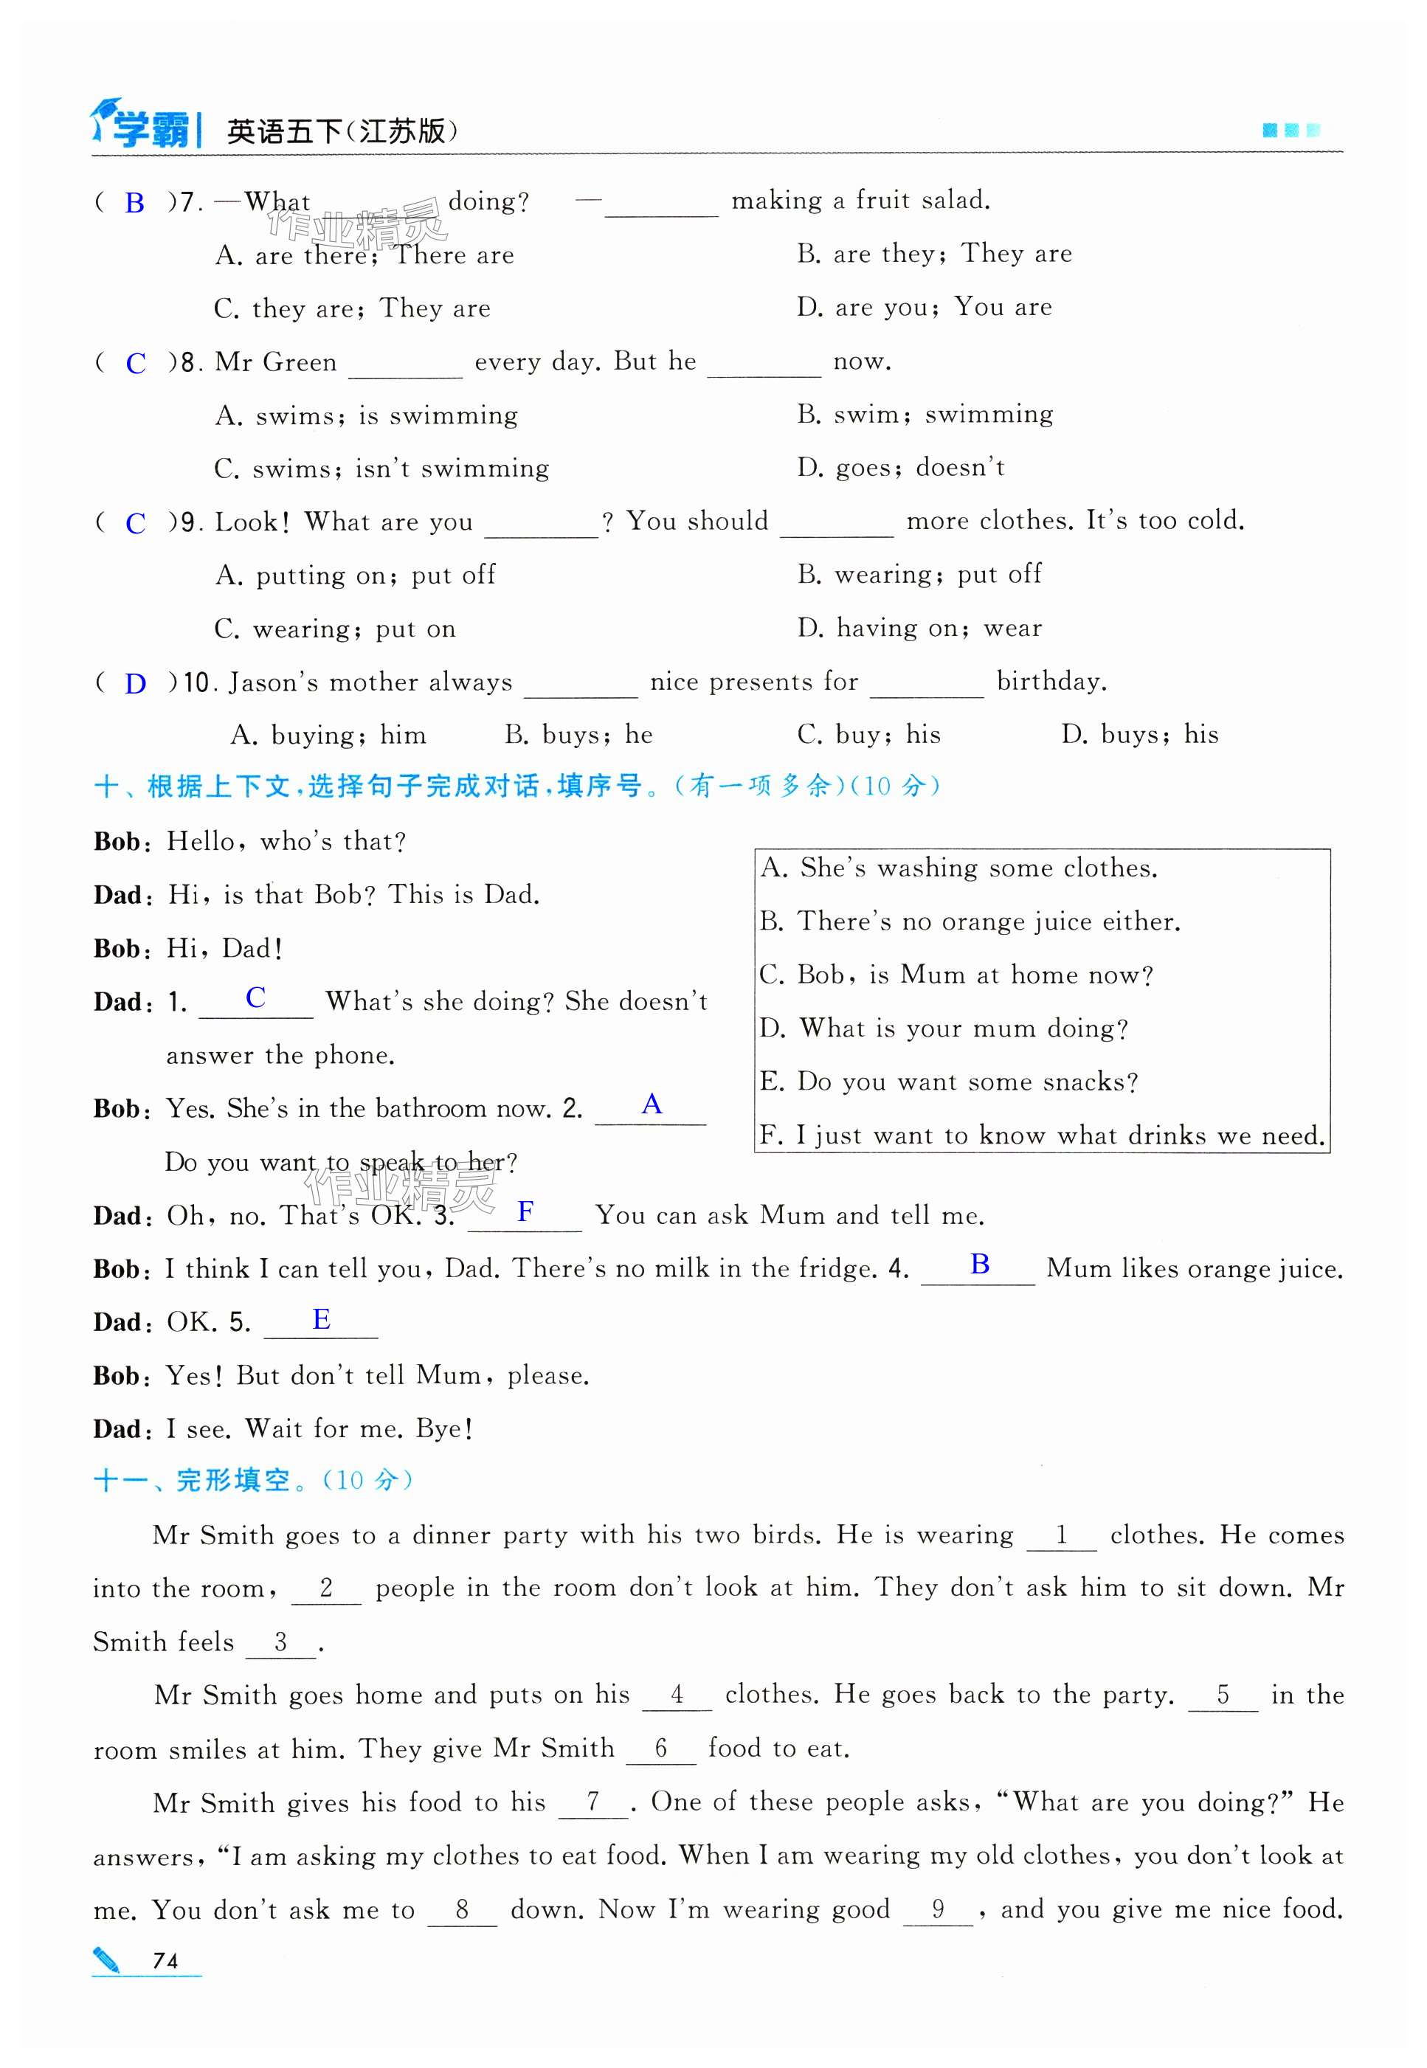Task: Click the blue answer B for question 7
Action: point(134,204)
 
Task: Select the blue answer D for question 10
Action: point(135,685)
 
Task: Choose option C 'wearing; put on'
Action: point(335,629)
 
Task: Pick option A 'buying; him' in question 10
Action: point(328,735)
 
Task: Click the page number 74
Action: point(165,1961)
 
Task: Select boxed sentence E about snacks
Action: point(949,1082)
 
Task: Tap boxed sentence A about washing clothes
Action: point(958,868)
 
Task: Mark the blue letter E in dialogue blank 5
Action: point(321,1320)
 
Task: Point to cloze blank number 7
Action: point(592,1802)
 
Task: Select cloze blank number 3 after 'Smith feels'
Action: point(280,1642)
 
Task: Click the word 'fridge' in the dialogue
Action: point(832,1269)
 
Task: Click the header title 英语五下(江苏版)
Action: point(342,132)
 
